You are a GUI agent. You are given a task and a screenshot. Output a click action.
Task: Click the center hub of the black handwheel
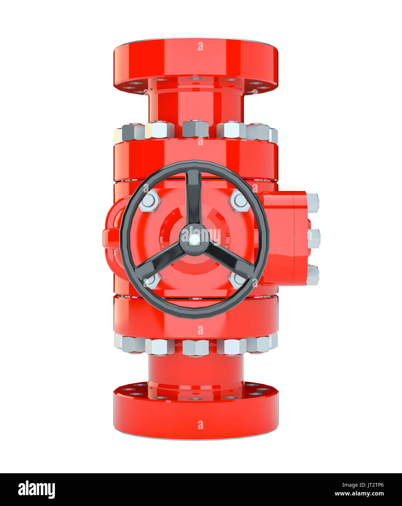tap(194, 239)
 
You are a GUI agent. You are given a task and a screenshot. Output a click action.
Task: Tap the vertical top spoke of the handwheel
tap(193, 197)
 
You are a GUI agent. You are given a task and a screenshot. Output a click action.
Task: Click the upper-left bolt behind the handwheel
tap(149, 201)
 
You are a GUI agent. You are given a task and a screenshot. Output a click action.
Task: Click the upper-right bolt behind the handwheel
tap(239, 200)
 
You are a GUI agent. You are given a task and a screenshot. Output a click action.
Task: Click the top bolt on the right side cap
tap(313, 203)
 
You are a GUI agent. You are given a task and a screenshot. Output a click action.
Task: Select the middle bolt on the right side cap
tap(314, 239)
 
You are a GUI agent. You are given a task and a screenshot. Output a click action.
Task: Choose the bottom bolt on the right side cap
tap(313, 275)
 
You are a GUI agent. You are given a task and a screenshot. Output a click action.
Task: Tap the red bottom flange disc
tap(196, 415)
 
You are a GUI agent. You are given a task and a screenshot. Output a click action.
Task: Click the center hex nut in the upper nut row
tap(195, 129)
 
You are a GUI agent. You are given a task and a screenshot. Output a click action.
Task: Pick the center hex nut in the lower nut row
tap(195, 347)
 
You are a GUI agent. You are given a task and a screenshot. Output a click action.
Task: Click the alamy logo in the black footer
tap(36, 490)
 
